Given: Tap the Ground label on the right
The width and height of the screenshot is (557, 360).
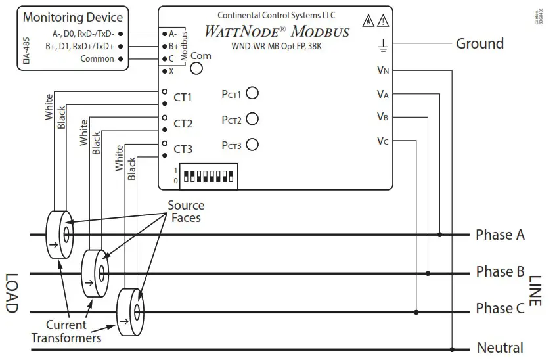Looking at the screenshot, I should [x=479, y=44].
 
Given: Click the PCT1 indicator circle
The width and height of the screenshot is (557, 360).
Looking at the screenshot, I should [x=252, y=93].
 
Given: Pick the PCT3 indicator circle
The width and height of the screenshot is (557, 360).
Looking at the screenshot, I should [x=252, y=145].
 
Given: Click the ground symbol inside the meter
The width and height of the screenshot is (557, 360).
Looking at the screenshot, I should [x=382, y=45].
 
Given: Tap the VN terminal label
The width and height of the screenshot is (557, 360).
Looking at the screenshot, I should [x=382, y=70].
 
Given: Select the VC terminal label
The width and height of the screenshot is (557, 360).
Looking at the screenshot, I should [x=382, y=141].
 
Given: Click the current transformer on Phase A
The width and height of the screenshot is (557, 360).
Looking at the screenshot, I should [x=60, y=233].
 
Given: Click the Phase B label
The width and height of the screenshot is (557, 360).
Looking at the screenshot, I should [x=500, y=272].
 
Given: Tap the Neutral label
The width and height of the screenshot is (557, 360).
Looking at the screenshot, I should [x=500, y=348].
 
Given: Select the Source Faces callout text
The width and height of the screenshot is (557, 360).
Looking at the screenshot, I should [x=186, y=212].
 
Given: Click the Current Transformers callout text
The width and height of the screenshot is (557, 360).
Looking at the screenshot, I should [x=66, y=332].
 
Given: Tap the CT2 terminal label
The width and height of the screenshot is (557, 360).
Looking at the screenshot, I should [x=183, y=124].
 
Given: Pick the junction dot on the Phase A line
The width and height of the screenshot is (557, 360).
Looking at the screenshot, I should [x=440, y=235].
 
